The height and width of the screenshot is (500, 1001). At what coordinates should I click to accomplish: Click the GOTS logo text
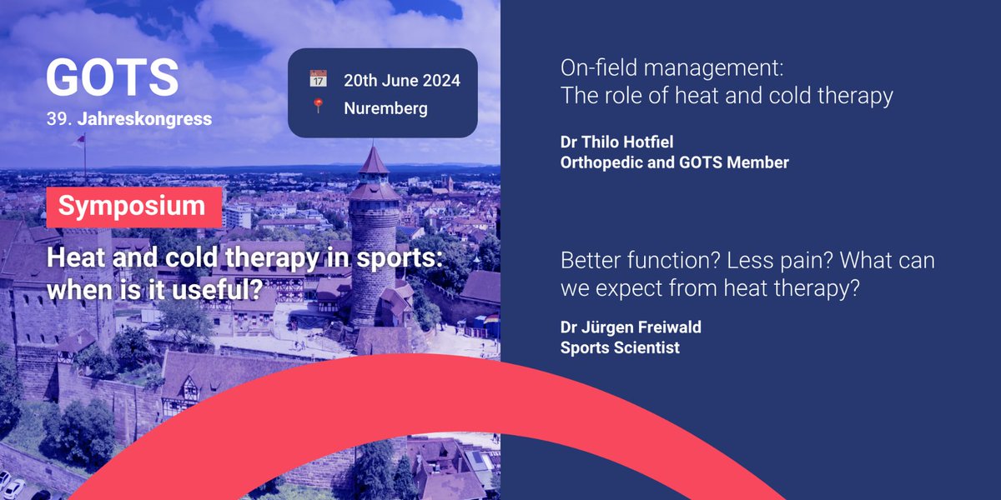[112, 77]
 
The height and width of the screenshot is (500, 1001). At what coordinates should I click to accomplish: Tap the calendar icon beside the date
[318, 79]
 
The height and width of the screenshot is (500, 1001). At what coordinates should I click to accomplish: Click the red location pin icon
[318, 107]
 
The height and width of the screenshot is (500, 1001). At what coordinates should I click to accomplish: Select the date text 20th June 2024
[402, 80]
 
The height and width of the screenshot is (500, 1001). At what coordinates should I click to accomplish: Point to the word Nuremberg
[385, 108]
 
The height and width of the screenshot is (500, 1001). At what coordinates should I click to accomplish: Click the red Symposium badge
[132, 207]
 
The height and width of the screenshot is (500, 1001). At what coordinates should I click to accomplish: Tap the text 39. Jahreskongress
[128, 120]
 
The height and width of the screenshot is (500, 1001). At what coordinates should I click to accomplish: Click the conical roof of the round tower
[373, 161]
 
